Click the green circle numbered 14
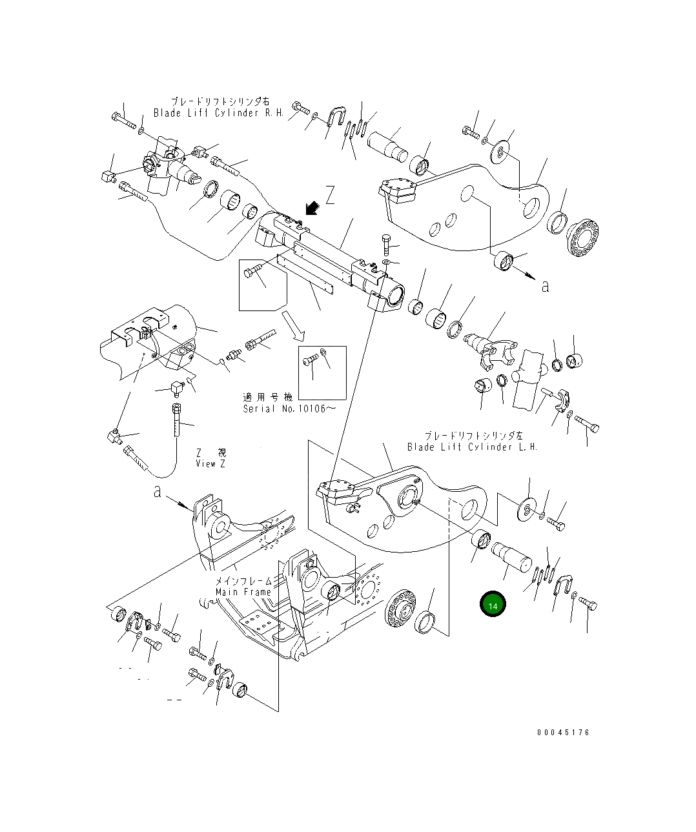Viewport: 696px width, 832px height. (x=493, y=604)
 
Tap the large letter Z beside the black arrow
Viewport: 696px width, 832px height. (x=330, y=195)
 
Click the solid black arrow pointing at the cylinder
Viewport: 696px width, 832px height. (x=312, y=208)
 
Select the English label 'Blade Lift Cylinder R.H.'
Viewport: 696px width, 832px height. (x=218, y=113)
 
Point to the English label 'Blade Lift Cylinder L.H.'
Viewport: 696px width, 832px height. (x=472, y=447)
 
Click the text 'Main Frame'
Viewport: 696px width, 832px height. (x=243, y=592)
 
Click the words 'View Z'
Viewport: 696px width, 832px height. (x=210, y=464)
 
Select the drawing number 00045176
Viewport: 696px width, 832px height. (x=563, y=733)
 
